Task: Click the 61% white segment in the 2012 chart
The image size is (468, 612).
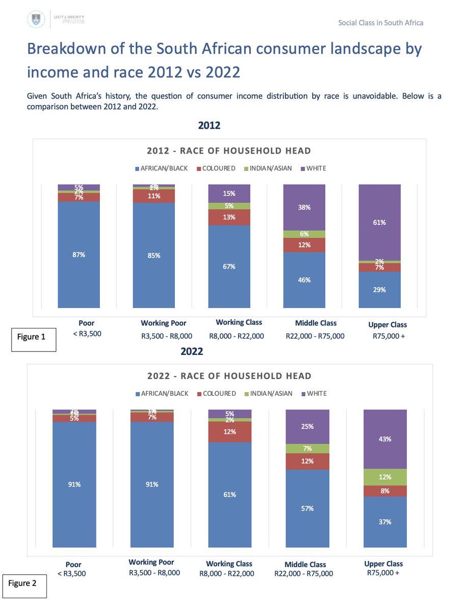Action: (379, 222)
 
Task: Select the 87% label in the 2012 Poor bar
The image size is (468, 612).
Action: (79, 254)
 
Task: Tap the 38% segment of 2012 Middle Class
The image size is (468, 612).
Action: (304, 208)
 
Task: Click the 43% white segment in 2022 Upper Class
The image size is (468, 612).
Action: (385, 439)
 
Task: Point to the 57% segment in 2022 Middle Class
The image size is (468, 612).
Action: (307, 508)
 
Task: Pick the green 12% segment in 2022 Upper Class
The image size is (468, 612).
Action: (385, 477)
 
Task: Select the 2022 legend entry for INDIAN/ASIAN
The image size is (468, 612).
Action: (270, 393)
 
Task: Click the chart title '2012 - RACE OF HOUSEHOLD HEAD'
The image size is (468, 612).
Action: (229, 151)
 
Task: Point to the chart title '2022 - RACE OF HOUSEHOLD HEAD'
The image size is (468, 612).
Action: (229, 376)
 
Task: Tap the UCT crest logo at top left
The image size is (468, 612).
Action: (35, 20)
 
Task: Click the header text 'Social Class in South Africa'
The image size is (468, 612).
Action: (380, 22)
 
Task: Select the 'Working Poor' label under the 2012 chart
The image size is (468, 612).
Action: (163, 323)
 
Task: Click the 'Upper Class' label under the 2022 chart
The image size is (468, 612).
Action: (383, 564)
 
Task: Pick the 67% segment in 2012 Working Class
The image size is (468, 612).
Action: (229, 266)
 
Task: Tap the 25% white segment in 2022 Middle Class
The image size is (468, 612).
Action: (307, 426)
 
